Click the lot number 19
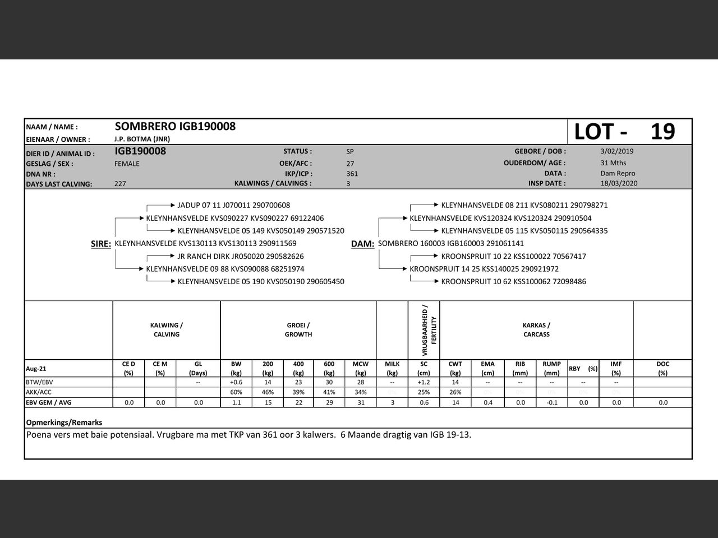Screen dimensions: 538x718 [662, 132]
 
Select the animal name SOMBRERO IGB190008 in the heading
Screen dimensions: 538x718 [175, 127]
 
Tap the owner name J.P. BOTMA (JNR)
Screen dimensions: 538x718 [142, 139]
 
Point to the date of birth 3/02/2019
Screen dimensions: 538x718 [616, 151]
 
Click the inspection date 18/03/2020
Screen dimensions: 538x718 [619, 183]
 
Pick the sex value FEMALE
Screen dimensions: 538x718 [127, 164]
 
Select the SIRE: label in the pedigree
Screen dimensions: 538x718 [101, 244]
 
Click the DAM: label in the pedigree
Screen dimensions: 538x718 [362, 244]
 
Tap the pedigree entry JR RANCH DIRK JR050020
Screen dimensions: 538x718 [241, 257]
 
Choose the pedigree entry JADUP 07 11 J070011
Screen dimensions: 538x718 [233, 206]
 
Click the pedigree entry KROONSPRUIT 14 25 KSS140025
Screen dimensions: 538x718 [484, 269]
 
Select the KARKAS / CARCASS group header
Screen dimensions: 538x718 [536, 330]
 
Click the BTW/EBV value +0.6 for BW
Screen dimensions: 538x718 [236, 382]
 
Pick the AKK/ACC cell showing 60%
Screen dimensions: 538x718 [236, 392]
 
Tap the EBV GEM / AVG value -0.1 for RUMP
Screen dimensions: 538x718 [551, 402]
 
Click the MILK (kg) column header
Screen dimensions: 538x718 [392, 368]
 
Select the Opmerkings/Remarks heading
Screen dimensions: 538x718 [64, 423]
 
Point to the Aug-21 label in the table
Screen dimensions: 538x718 [36, 369]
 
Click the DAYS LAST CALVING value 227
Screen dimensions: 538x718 [120, 184]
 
